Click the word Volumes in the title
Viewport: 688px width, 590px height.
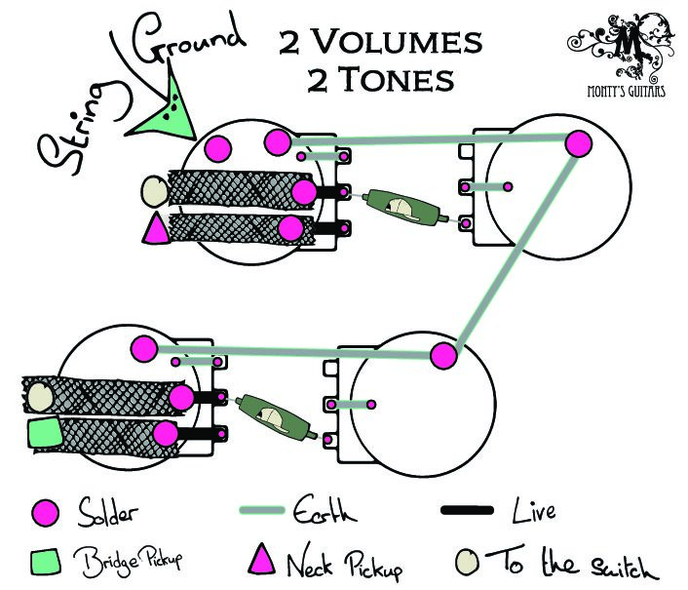pyautogui.click(x=398, y=42)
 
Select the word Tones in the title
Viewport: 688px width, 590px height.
pyautogui.click(x=398, y=79)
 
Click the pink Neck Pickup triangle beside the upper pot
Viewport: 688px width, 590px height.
pyautogui.click(x=156, y=228)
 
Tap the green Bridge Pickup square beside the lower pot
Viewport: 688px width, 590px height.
pyautogui.click(x=44, y=433)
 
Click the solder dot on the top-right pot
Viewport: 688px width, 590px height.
pyautogui.click(x=578, y=144)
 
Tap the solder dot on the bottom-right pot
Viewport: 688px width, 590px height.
pyautogui.click(x=443, y=356)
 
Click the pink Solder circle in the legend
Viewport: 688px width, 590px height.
pyautogui.click(x=45, y=513)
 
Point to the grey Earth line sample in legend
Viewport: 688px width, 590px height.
pyautogui.click(x=262, y=510)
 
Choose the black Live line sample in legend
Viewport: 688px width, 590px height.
pyautogui.click(x=467, y=510)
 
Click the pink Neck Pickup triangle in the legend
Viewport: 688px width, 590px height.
pyautogui.click(x=262, y=559)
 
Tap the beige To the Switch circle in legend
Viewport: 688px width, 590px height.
pyautogui.click(x=467, y=562)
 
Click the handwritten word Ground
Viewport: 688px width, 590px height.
pyautogui.click(x=189, y=40)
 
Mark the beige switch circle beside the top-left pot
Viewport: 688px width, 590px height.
pyautogui.click(x=154, y=191)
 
